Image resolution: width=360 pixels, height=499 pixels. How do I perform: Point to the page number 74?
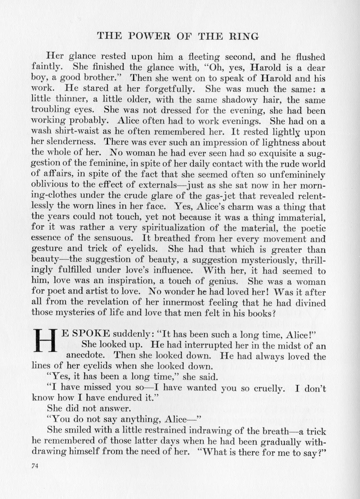[35, 466]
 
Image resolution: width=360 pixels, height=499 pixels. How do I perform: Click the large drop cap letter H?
[45, 340]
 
